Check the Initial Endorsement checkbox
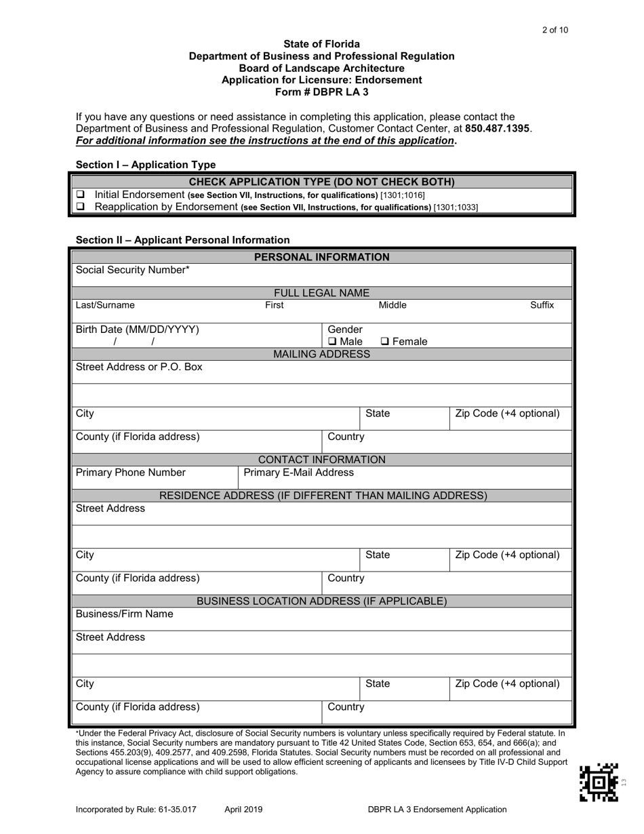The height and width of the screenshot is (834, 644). point(79,195)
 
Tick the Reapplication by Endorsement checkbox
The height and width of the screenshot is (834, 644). point(79,207)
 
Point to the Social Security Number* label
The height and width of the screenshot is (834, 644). point(133,270)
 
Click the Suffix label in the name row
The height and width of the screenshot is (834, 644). point(542,306)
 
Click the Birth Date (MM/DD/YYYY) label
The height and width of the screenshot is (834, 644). point(138,330)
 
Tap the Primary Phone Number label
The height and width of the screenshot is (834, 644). point(130,473)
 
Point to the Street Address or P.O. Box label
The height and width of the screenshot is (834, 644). point(139,368)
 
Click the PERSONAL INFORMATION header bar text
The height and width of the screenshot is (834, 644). point(321,257)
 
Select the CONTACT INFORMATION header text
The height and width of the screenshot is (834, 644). point(321,460)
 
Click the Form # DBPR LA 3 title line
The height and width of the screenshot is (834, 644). point(321,92)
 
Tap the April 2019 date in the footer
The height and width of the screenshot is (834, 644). point(243,809)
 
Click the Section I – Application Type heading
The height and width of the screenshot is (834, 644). point(146,165)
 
